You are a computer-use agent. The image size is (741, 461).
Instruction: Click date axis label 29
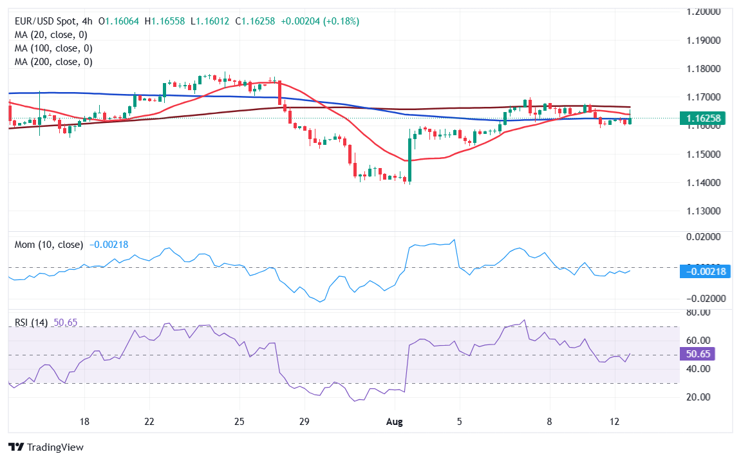[305, 422]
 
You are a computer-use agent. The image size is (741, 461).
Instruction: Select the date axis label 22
[149, 422]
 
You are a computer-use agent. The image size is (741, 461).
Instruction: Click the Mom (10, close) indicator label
[48, 245]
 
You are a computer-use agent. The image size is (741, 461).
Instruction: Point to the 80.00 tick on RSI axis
[698, 312]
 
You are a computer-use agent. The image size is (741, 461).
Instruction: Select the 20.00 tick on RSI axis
[698, 397]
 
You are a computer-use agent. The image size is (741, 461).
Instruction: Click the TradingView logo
[46, 447]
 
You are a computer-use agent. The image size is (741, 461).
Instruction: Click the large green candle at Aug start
[409, 158]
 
